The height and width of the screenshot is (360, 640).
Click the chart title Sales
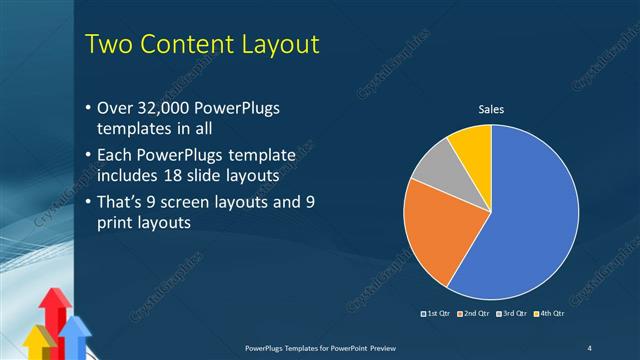click(x=491, y=109)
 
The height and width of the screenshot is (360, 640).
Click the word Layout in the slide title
click(x=271, y=44)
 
